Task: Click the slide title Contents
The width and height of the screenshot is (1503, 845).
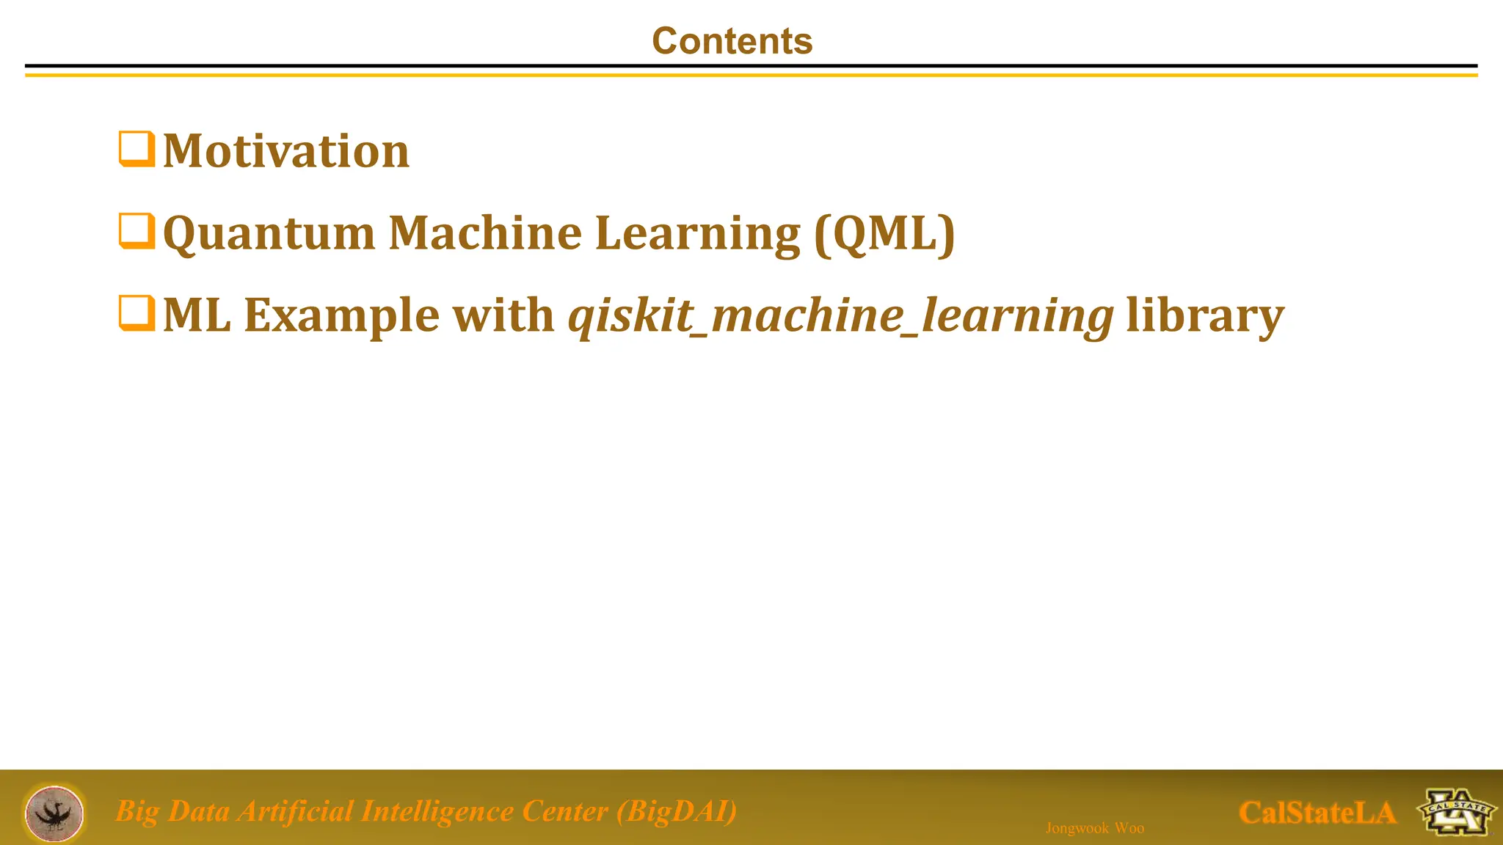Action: (732, 41)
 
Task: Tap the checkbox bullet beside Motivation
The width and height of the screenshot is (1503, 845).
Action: (137, 150)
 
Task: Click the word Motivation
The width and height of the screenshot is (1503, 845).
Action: (286, 152)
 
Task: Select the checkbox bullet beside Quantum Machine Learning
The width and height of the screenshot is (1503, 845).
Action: (137, 232)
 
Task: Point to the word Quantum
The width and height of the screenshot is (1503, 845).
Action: (269, 235)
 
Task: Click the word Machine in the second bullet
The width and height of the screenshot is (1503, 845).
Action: (485, 233)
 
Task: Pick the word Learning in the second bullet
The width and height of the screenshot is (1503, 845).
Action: (697, 235)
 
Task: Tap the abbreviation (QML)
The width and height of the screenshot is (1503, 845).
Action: (884, 235)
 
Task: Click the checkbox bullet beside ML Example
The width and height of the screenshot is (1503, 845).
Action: (137, 314)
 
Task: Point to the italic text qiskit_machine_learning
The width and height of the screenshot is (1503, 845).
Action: (841, 316)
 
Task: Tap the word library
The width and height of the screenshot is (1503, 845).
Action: (1204, 316)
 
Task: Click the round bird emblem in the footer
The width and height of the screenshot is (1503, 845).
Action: (54, 812)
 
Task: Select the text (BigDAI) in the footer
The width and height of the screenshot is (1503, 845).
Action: (677, 812)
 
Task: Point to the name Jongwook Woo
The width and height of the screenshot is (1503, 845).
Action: (1094, 828)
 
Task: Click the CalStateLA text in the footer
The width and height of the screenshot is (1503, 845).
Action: (1317, 813)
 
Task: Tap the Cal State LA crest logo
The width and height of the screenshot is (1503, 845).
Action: (1456, 812)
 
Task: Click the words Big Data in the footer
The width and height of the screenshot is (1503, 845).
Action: (172, 812)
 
